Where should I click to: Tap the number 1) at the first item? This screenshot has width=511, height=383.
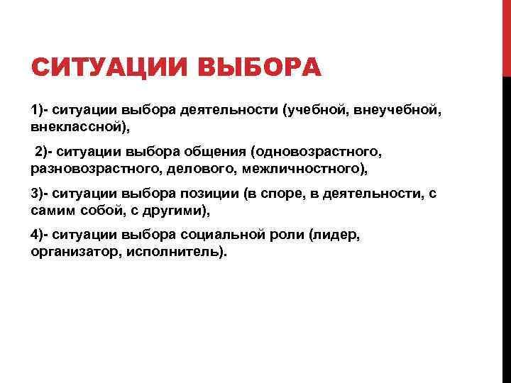38,111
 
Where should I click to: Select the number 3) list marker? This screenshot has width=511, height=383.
38,194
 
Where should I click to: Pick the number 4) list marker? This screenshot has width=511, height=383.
38,235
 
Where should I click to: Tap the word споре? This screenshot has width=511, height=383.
299,194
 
